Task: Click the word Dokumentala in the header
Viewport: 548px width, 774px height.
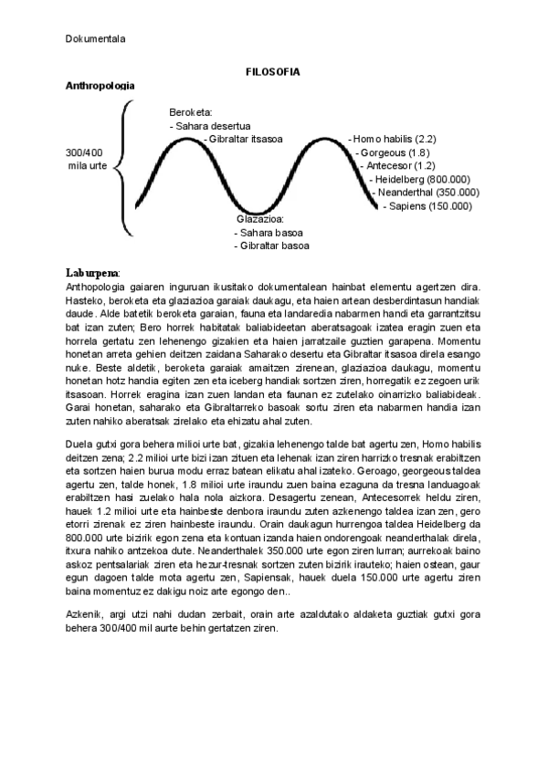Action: coord(95,38)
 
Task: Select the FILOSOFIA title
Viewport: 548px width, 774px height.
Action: coord(274,70)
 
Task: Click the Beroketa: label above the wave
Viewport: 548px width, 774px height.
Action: coord(190,111)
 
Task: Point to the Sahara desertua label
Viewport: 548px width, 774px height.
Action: coord(211,126)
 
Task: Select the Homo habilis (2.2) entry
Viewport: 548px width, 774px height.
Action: coord(394,139)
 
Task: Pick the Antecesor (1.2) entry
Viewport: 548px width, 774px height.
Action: coord(396,166)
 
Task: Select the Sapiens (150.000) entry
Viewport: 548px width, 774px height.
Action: coord(427,206)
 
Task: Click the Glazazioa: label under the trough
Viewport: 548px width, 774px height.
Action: coord(260,219)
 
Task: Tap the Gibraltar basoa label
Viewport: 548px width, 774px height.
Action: coord(271,246)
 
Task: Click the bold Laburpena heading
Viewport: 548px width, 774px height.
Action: coord(92,273)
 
